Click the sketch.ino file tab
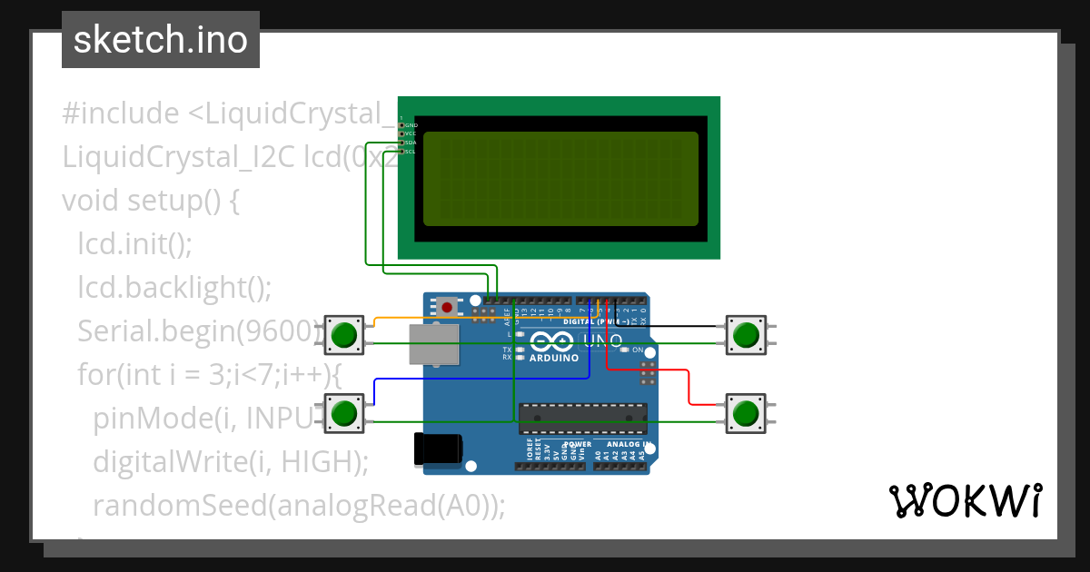click(161, 40)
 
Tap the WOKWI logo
click(965, 500)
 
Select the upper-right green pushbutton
click(746, 334)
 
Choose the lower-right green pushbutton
click(746, 413)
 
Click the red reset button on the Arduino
click(447, 308)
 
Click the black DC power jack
click(437, 449)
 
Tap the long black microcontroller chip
click(582, 418)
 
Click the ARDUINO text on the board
click(553, 358)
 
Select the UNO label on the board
click(601, 341)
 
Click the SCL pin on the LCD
click(401, 152)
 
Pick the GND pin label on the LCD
click(411, 124)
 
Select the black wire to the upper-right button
click(672, 325)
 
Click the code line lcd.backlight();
click(174, 287)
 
